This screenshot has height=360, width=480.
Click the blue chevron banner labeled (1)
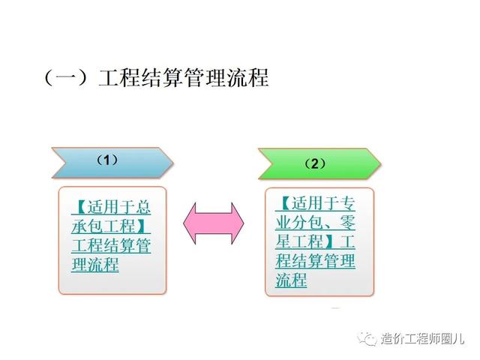(112, 163)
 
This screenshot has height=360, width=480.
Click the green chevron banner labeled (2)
(319, 164)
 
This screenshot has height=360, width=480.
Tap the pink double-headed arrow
(214, 223)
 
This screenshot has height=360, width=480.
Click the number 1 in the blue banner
(106, 160)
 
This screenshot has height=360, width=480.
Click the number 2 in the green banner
(315, 164)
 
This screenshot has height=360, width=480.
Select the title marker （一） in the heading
(67, 77)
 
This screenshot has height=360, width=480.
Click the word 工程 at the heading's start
(119, 78)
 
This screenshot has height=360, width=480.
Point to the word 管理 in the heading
(205, 78)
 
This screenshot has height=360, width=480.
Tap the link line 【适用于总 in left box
(111, 207)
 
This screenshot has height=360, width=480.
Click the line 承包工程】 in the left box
(111, 226)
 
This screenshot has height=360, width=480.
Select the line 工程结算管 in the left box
(111, 245)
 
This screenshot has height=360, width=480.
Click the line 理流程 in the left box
(95, 264)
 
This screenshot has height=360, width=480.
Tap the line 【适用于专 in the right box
(315, 203)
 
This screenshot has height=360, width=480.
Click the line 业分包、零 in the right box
(315, 223)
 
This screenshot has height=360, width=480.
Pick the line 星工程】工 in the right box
(315, 241)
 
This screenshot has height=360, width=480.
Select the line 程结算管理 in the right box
(315, 260)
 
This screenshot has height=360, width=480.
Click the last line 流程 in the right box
(291, 280)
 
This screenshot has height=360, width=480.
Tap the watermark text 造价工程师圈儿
(422, 339)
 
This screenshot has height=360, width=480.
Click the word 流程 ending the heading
(248, 78)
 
